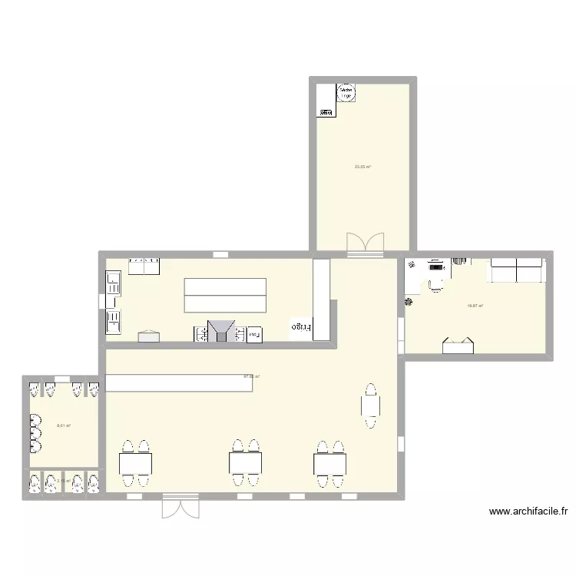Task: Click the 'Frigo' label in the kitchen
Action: [x=301, y=328]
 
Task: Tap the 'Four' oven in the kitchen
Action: [x=253, y=333]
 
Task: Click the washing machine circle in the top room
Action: [x=346, y=93]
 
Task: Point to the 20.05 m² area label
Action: [x=362, y=167]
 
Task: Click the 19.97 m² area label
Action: [x=475, y=306]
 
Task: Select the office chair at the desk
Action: [x=435, y=284]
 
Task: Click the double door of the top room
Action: [x=365, y=243]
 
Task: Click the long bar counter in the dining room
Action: [x=179, y=383]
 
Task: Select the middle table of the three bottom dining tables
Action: [x=246, y=463]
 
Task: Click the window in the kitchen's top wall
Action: [x=220, y=254]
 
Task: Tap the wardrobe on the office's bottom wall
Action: [x=458, y=346]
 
